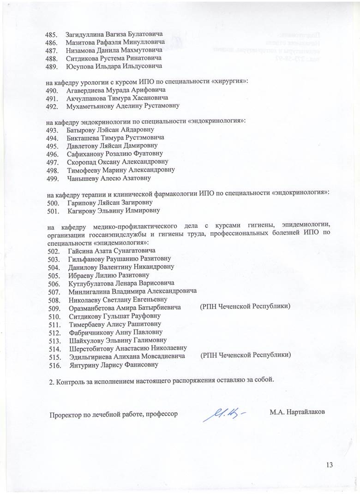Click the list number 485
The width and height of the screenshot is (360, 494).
50,35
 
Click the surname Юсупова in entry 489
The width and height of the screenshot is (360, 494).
80,66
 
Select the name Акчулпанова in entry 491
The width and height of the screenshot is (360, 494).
84,98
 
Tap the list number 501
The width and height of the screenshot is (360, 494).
53,211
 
